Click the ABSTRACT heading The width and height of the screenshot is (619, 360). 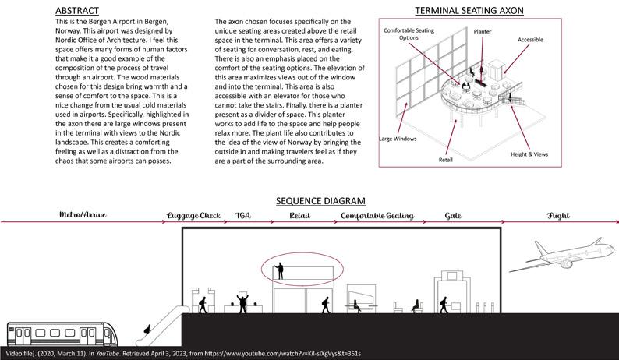(x=76, y=10)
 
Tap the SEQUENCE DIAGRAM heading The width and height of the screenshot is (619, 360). (x=309, y=201)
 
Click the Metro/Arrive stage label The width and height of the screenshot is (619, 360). (x=83, y=214)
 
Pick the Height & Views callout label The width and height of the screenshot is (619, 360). (x=530, y=154)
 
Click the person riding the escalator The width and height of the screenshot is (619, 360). (x=145, y=332)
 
